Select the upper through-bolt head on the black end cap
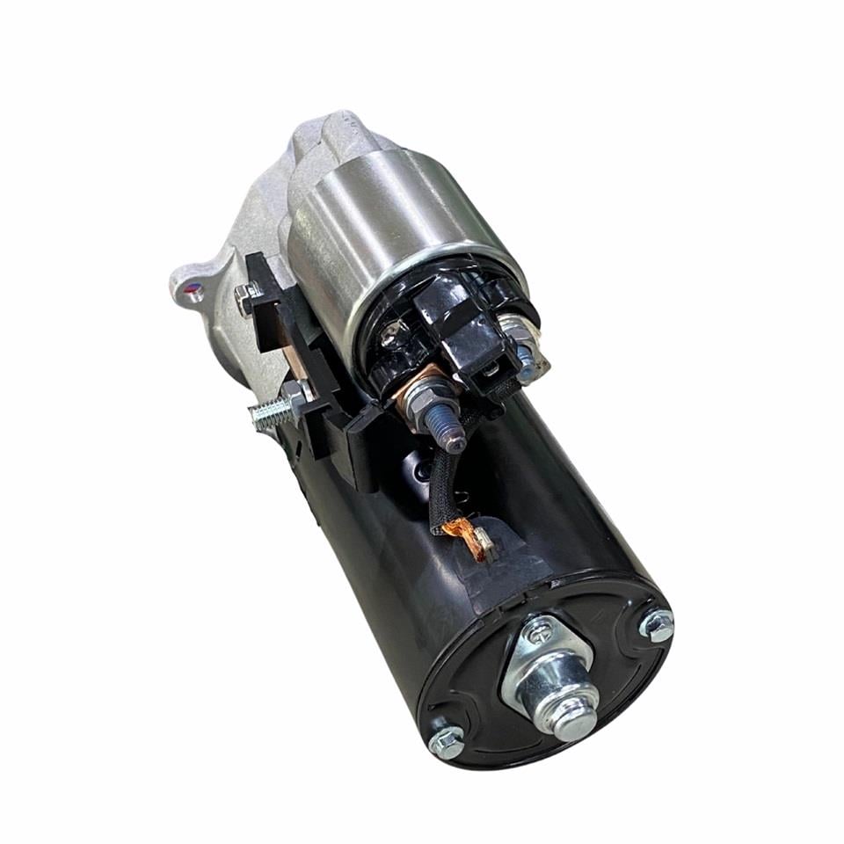click(657, 625)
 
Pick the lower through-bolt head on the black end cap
click(447, 743)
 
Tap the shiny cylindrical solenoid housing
click(387, 229)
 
